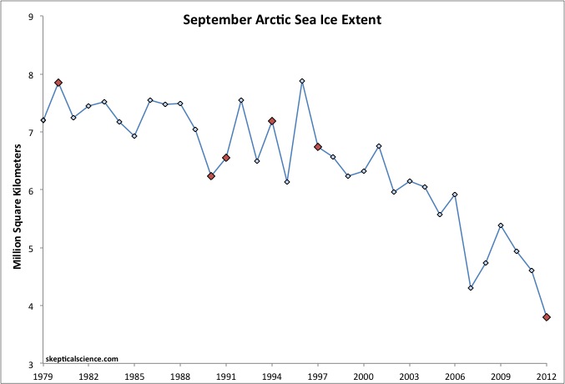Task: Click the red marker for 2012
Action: coord(547,317)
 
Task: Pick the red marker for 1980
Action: coord(58,83)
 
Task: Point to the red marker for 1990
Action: coord(211,176)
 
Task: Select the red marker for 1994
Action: coord(272,121)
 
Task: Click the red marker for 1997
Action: coord(318,147)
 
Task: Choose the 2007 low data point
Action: coord(471,288)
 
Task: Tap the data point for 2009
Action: coord(501,225)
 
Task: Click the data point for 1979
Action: coord(43,120)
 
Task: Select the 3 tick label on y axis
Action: coord(31,365)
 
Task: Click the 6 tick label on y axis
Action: coord(31,190)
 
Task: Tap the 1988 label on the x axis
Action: coord(180,376)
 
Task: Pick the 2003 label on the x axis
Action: coord(410,376)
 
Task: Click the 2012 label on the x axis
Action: coord(547,376)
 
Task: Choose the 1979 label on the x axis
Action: coord(43,376)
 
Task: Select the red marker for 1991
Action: coord(226,158)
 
